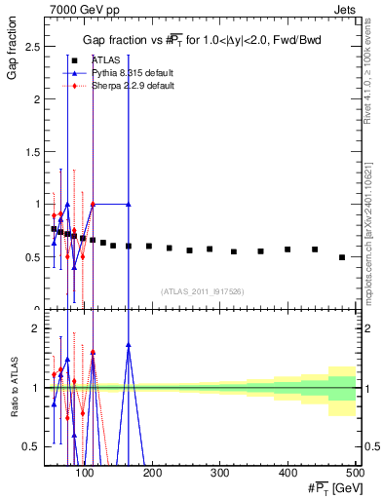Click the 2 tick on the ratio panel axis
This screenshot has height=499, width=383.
pos(37,328)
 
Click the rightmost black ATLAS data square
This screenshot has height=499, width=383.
pos(341,257)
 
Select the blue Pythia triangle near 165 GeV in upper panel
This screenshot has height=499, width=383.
pos(129,204)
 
